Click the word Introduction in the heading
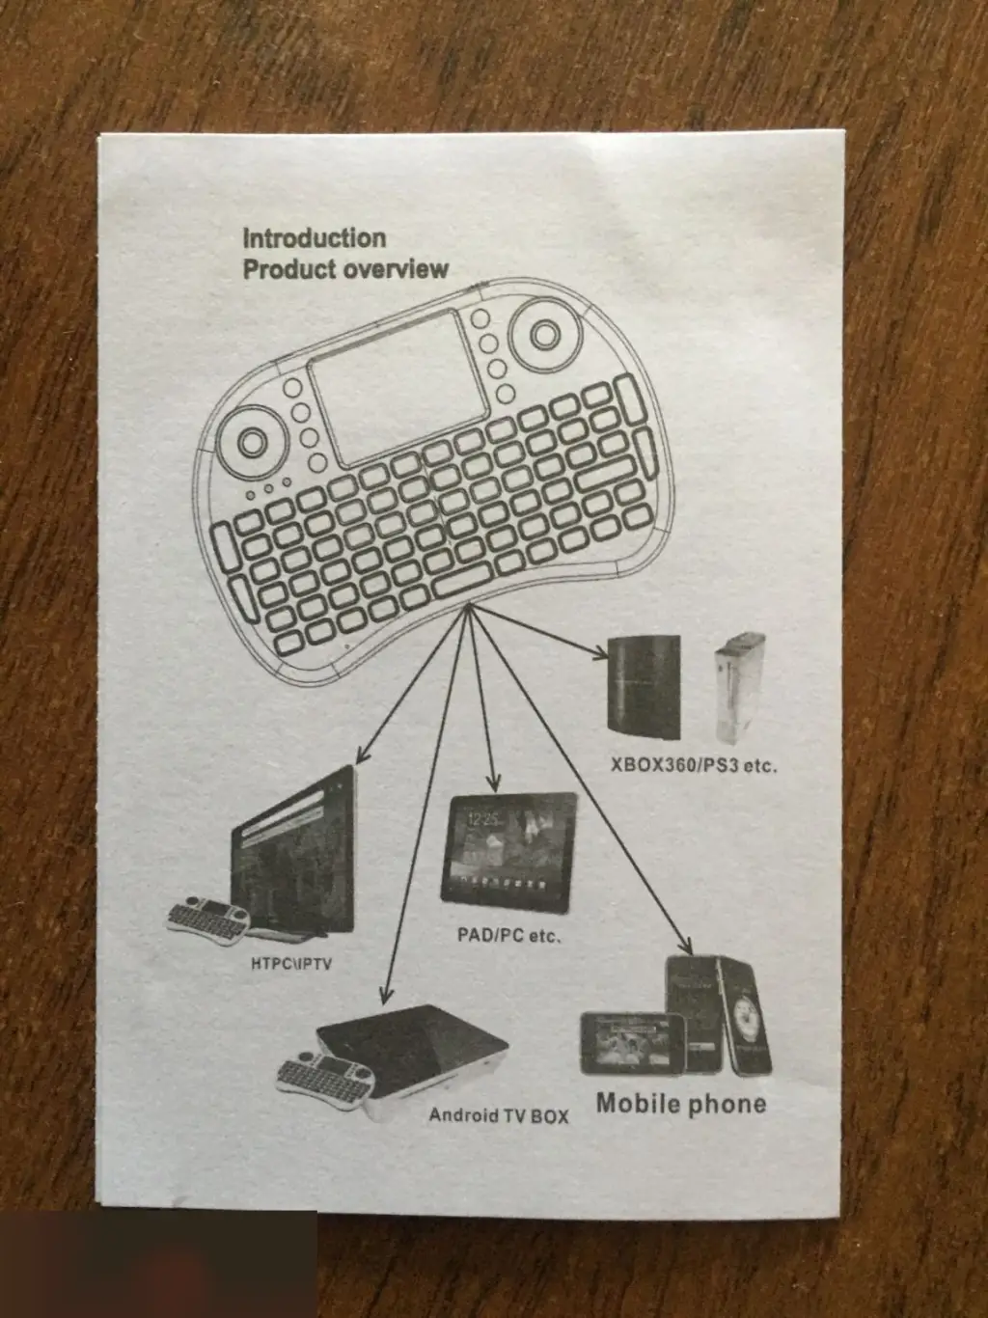coord(314,237)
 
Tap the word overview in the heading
coord(399,269)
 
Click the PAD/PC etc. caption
coord(508,935)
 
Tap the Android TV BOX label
coord(499,1115)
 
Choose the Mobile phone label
coord(680,1103)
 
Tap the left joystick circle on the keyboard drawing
coord(250,442)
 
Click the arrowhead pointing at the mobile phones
coord(689,947)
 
